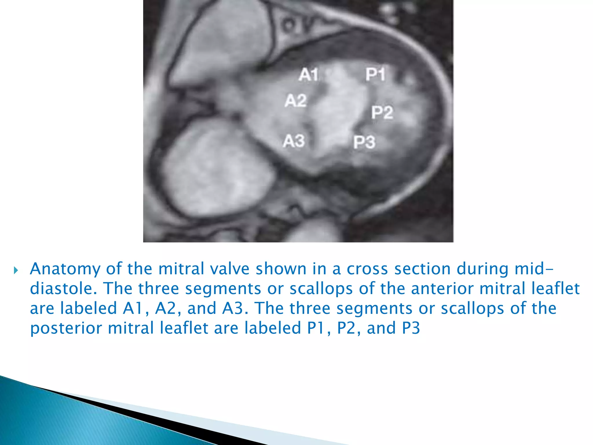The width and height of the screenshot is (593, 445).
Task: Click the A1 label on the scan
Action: click(308, 75)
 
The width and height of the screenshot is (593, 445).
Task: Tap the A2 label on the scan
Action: click(295, 101)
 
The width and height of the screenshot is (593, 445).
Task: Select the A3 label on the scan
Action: click(294, 141)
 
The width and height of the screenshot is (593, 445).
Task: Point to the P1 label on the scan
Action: click(375, 74)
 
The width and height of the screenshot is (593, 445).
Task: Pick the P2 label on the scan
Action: click(382, 112)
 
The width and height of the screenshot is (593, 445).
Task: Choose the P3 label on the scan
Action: click(364, 142)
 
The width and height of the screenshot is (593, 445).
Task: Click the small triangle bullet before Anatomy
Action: click(16, 271)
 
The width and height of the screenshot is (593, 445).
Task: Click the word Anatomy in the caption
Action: click(65, 269)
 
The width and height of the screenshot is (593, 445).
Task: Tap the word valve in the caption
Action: click(229, 269)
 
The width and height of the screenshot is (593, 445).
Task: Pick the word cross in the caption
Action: click(367, 269)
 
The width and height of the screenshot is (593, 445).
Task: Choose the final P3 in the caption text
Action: click(411, 328)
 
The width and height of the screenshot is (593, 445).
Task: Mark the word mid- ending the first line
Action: click(534, 269)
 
